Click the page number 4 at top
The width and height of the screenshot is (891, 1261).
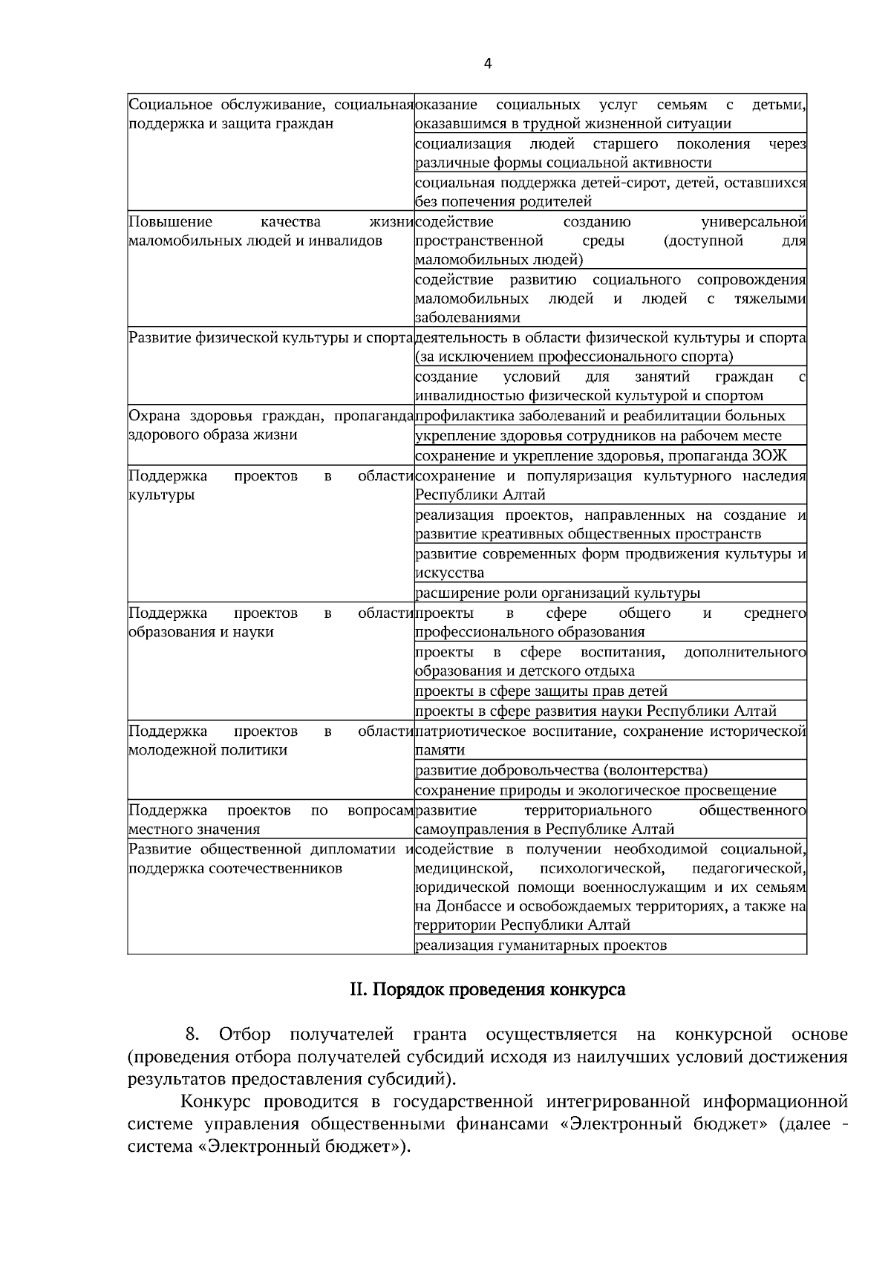pyautogui.click(x=487, y=64)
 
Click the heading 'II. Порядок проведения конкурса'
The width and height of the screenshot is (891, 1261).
pyautogui.click(x=487, y=990)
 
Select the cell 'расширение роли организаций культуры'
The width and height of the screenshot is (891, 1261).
pyautogui.click(x=557, y=593)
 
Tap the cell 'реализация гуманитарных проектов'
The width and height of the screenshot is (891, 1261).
pyautogui.click(x=541, y=945)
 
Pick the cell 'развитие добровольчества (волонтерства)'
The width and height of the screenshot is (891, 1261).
pyautogui.click(x=561, y=770)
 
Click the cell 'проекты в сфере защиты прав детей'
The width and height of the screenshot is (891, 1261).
pyautogui.click(x=541, y=691)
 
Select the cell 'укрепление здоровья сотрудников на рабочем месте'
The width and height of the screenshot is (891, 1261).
pyautogui.click(x=598, y=436)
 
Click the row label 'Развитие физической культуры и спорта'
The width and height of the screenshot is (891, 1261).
pyautogui.click(x=270, y=339)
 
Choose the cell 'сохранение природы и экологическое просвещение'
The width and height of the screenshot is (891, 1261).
pyautogui.click(x=595, y=790)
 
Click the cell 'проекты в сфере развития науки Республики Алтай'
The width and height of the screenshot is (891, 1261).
pyautogui.click(x=595, y=711)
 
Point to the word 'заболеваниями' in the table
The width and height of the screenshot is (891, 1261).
pyautogui.click(x=467, y=318)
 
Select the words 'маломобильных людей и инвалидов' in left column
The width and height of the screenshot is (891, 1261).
pyautogui.click(x=255, y=241)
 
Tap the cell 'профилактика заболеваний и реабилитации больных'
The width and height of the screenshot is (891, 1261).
pyautogui.click(x=600, y=416)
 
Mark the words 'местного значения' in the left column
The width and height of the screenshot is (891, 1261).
pyautogui.click(x=195, y=829)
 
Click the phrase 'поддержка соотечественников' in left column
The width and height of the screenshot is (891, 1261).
pyautogui.click(x=235, y=868)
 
